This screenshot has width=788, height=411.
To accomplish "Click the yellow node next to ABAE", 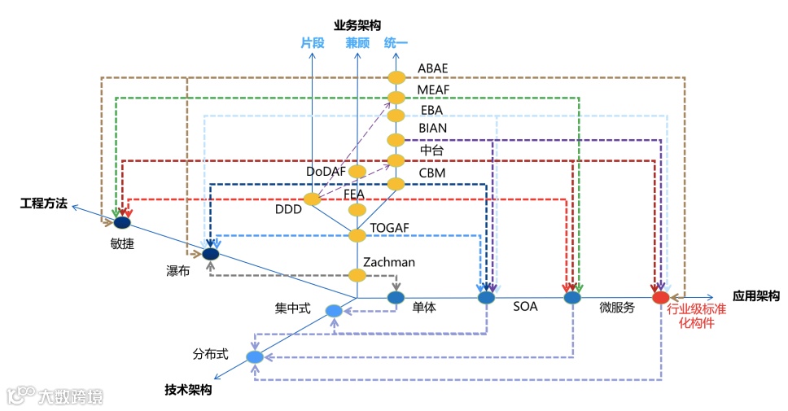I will pyautogui.click(x=396, y=77).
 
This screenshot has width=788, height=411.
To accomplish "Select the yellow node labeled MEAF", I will pyautogui.click(x=396, y=98).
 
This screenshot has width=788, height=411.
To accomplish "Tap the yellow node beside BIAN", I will pyautogui.click(x=396, y=138).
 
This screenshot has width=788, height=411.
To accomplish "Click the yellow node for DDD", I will pyautogui.click(x=312, y=199).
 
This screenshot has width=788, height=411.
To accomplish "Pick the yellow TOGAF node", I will pyautogui.click(x=357, y=235).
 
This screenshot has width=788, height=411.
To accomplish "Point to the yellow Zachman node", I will pyautogui.click(x=357, y=275).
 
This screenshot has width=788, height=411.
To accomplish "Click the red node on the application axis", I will pyautogui.click(x=661, y=298).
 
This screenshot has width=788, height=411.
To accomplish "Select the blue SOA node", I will pyautogui.click(x=487, y=298).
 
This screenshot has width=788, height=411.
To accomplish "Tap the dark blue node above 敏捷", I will pyautogui.click(x=122, y=222).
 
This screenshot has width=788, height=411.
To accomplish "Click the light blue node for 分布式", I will pyautogui.click(x=255, y=357).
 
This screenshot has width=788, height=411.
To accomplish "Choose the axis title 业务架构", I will pyautogui.click(x=357, y=25).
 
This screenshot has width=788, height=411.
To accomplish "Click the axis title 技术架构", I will pyautogui.click(x=188, y=390).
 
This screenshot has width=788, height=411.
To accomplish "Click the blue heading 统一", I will pyautogui.click(x=396, y=43).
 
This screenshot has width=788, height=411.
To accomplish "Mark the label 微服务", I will pyautogui.click(x=616, y=308).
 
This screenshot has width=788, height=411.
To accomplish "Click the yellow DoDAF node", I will pyautogui.click(x=357, y=172).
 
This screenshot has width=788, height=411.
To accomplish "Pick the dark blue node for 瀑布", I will pyautogui.click(x=211, y=254).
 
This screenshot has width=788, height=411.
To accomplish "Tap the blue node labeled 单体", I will pyautogui.click(x=396, y=298).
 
